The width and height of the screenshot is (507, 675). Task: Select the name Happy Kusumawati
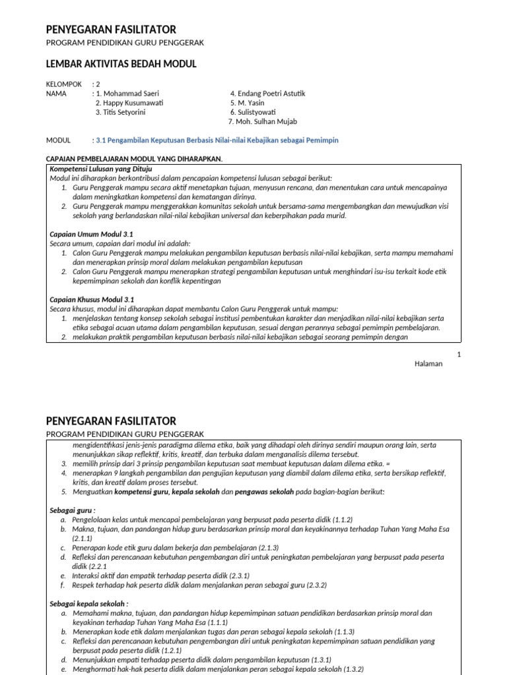point(129,103)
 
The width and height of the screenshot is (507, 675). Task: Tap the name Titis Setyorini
point(125,112)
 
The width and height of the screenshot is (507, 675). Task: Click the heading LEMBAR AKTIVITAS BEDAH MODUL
point(121,64)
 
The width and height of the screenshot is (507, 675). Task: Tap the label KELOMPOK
point(64,84)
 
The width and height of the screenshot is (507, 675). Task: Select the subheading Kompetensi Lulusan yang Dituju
point(101,169)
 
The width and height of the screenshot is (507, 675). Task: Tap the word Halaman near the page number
point(429,364)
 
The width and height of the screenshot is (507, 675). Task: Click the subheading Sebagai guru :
point(73,510)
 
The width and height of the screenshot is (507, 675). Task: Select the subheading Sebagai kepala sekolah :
point(89,603)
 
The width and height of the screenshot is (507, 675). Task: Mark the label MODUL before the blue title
point(58,140)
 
